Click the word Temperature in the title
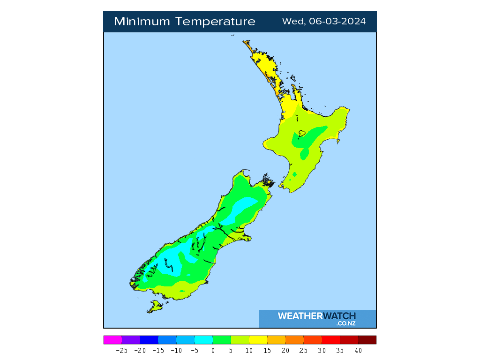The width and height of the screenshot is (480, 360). point(217,22)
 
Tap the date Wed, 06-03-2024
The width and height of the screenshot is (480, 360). point(324,22)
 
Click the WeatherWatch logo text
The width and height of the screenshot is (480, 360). point(317,316)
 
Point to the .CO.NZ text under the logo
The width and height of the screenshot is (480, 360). point(345,323)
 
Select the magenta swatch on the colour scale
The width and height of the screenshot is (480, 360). point(112,340)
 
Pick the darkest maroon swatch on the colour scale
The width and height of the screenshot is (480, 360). point(367,340)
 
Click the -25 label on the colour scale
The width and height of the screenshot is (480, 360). point(121,351)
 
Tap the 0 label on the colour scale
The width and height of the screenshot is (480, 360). point(213,351)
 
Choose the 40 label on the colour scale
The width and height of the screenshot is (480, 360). point(358,351)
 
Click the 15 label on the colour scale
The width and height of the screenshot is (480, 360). point(267,351)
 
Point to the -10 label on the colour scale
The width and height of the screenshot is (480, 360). point(176,351)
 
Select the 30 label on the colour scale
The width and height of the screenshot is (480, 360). point(322,351)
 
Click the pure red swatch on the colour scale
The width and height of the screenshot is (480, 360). point(331,340)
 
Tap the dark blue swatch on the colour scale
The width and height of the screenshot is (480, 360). point(149,340)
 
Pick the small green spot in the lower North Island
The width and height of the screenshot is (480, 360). point(294,174)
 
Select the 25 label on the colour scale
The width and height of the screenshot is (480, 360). point(303,351)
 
